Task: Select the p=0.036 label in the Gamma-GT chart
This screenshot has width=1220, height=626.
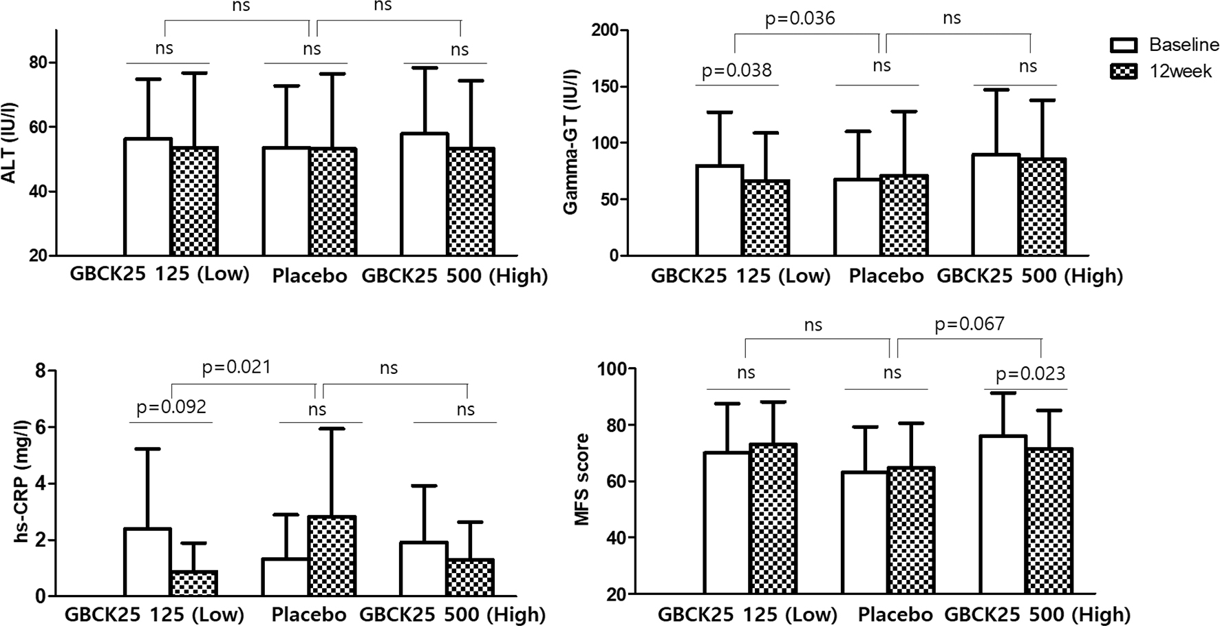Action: point(800,19)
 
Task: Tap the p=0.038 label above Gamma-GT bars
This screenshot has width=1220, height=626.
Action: point(736,70)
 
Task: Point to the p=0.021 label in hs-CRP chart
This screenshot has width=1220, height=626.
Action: point(236,367)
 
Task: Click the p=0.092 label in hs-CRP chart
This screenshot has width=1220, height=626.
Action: point(171,407)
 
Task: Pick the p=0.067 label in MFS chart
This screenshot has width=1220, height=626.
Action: point(969,324)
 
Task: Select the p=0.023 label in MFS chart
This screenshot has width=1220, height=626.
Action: point(1030,374)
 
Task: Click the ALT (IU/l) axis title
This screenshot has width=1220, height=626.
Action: point(10,143)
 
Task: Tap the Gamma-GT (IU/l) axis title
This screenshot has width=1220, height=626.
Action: point(570,143)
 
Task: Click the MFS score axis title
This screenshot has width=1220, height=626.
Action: point(582,479)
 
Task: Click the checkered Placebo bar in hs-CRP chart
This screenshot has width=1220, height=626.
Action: point(332,556)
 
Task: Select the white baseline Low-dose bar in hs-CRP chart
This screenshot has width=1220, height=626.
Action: point(147,562)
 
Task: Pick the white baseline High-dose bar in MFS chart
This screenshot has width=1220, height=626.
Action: point(1003,514)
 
